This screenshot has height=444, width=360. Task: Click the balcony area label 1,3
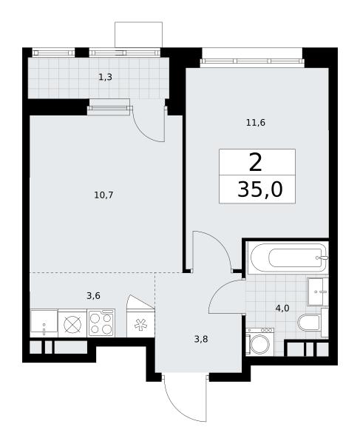pyautogui.click(x=105, y=77)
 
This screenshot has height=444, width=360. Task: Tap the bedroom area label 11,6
pyautogui.click(x=256, y=123)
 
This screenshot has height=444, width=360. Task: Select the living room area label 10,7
pyautogui.click(x=103, y=195)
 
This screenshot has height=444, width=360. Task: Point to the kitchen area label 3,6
pyautogui.click(x=93, y=296)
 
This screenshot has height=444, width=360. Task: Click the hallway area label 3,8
pyautogui.click(x=201, y=339)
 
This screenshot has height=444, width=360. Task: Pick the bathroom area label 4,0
pyautogui.click(x=282, y=308)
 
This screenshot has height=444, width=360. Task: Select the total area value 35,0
pyautogui.click(x=260, y=189)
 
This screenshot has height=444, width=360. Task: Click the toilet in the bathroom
pyautogui.click(x=313, y=323)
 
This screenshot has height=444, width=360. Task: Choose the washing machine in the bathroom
pyautogui.click(x=259, y=341)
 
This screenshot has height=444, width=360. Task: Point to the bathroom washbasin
pyautogui.click(x=318, y=292)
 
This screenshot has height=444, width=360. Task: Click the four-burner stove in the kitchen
pyautogui.click(x=101, y=323)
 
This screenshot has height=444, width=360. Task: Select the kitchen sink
pyautogui.click(x=44, y=323)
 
